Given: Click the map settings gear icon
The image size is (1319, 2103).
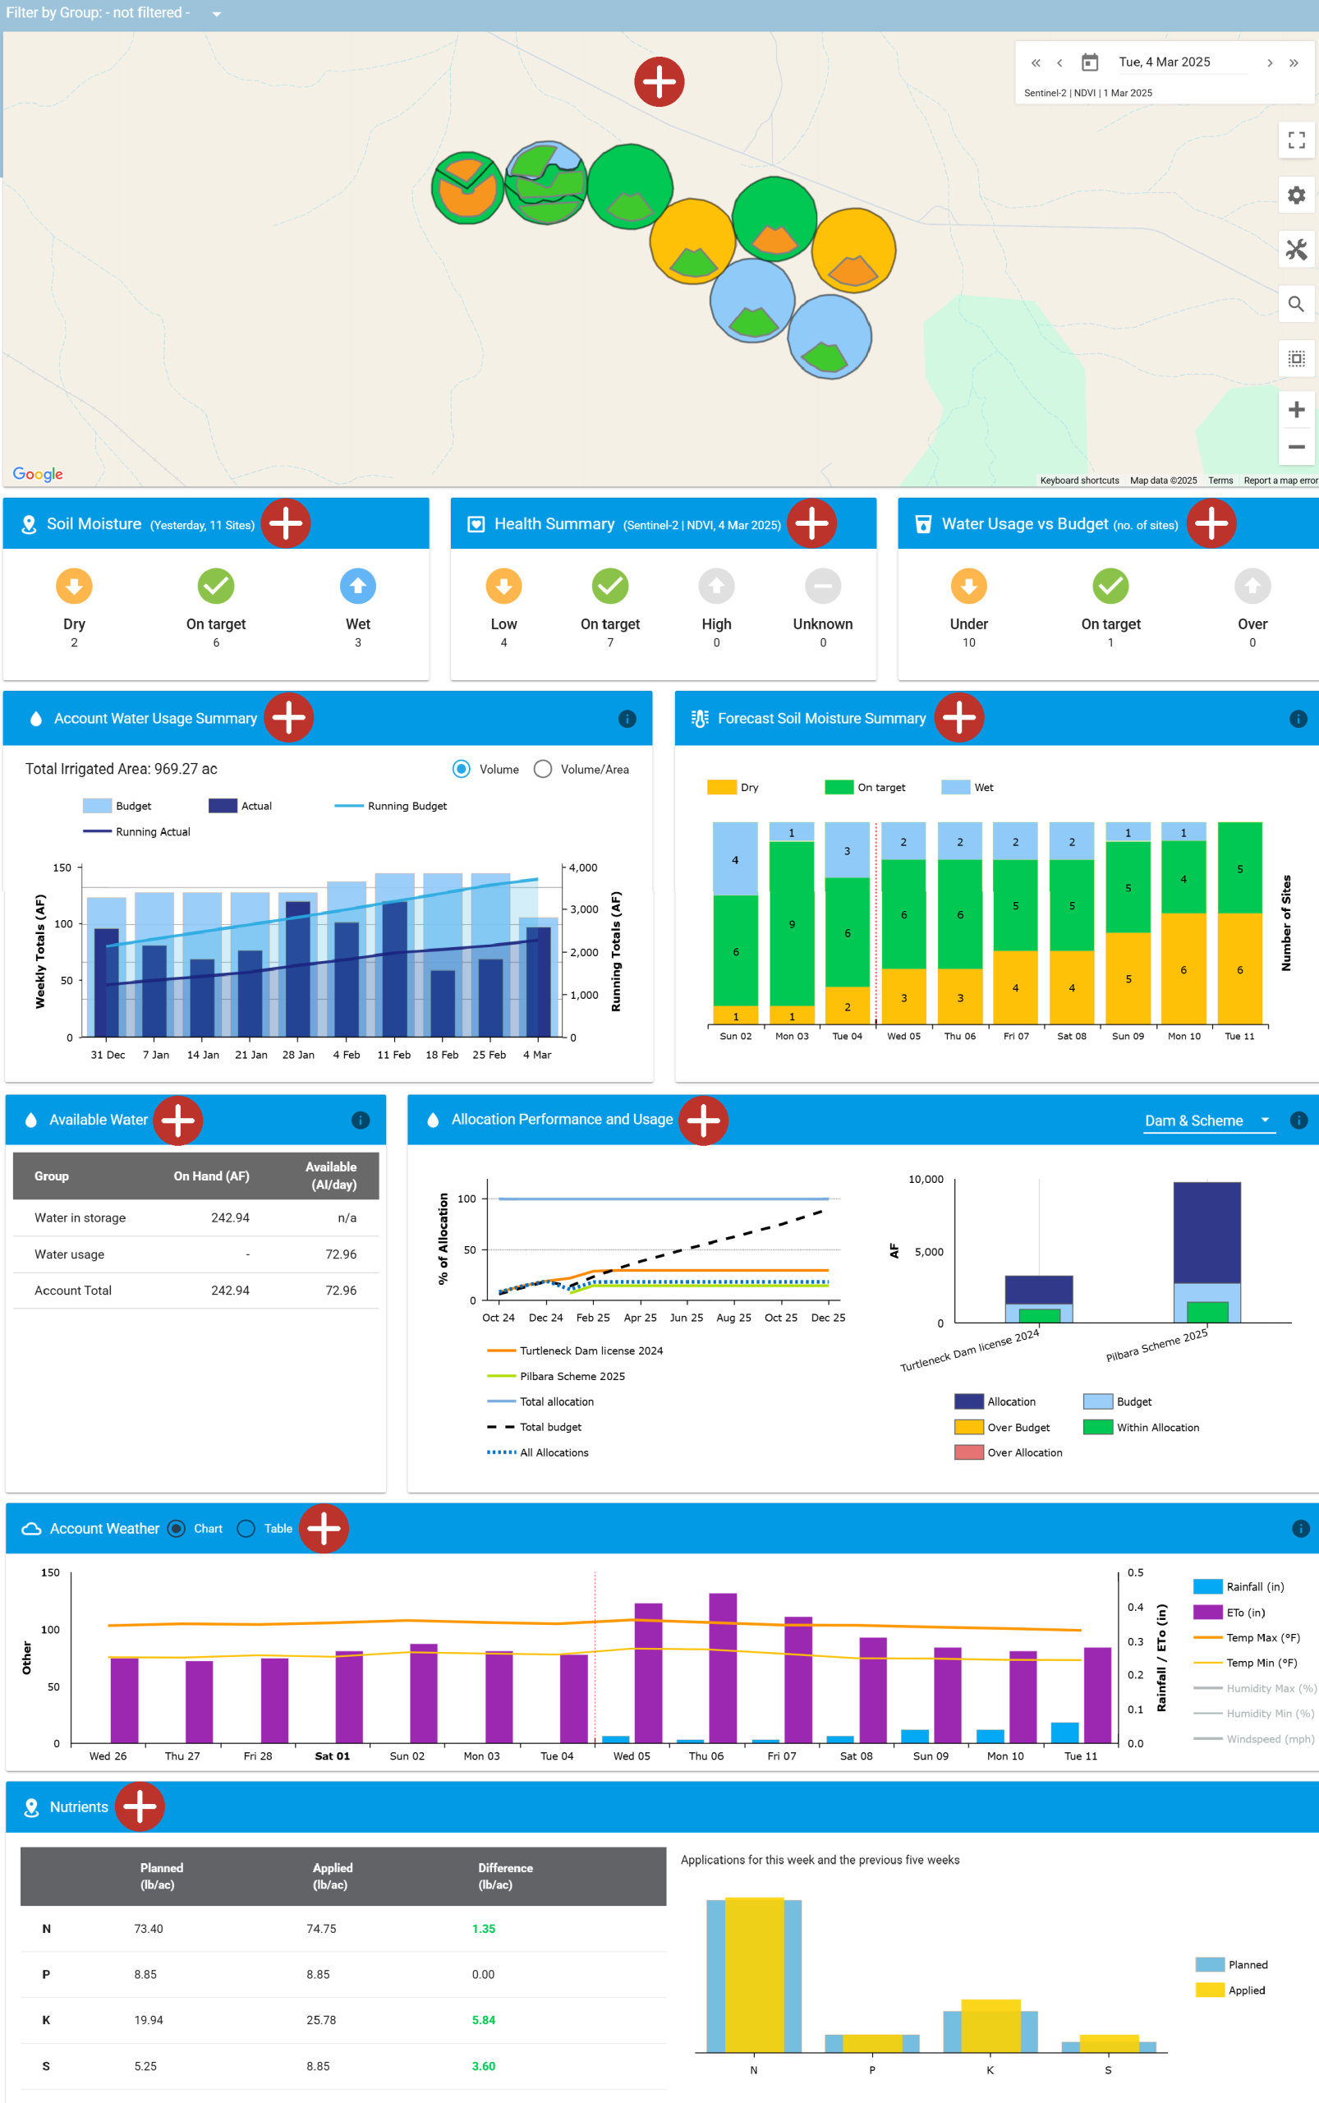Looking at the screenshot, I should [1295, 195].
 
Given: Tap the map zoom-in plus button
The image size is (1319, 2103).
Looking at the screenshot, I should [1295, 409].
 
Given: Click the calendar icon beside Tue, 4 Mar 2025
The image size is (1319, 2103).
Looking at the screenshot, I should [1090, 62].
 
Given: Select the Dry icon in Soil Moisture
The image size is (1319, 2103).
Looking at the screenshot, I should [74, 586].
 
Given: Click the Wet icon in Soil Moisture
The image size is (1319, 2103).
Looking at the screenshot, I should [357, 586].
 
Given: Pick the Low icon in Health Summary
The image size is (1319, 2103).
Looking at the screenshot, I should [503, 586].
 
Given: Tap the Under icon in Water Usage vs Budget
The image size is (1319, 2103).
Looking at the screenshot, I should [968, 586].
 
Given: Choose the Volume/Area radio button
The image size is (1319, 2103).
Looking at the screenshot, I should [543, 769].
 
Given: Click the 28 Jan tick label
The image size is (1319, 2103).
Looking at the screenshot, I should [298, 1054].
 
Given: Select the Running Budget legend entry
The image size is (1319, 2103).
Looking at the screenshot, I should [407, 805].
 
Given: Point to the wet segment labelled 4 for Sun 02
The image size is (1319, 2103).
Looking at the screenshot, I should [735, 858].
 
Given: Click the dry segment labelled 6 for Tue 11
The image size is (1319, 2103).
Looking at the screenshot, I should [1239, 969].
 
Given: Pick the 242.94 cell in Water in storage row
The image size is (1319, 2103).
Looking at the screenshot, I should [230, 1217].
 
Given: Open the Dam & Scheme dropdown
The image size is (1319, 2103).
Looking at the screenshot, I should [1208, 1121].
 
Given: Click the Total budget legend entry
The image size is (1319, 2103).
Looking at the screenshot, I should [549, 1427].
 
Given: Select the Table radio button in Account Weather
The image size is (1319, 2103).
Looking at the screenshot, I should [247, 1528].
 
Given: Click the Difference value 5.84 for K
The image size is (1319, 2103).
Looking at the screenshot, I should [483, 2020].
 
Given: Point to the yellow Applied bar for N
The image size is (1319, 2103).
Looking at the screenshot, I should [754, 1974].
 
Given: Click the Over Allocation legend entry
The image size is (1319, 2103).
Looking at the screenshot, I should [1024, 1452].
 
